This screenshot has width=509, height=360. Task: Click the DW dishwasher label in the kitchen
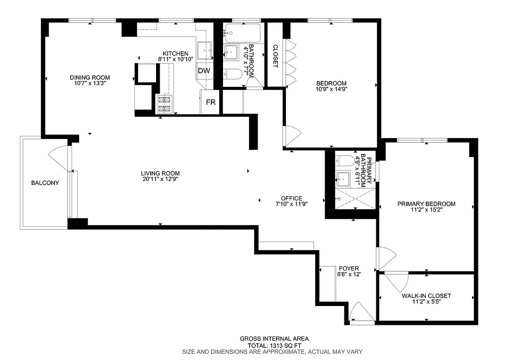pos(204,71)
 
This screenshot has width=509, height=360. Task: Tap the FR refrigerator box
pos(211,102)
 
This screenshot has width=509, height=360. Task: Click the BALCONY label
pos(45,183)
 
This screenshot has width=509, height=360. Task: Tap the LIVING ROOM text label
pos(160,173)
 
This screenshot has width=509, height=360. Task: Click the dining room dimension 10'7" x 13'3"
pos(89,83)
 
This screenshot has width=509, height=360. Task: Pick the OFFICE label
pos(291,198)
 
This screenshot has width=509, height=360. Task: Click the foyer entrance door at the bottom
pos(362,313)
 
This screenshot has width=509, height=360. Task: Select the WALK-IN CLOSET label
pos(426,296)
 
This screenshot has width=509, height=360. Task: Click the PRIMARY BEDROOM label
pos(426,204)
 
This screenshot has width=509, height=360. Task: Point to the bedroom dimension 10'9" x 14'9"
pos(331,89)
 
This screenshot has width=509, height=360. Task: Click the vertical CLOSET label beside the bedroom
pos(275,56)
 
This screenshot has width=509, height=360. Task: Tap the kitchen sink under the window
pos(205,49)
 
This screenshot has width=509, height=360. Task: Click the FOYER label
pos(349,268)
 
